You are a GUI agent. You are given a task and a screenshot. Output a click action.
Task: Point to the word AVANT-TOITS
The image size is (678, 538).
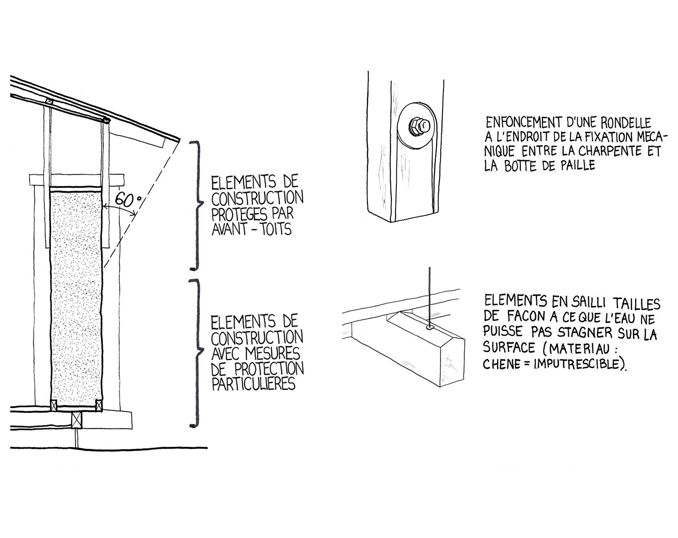tap(251, 230)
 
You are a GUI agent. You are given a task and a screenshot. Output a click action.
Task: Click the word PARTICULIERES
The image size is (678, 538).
tap(254, 384)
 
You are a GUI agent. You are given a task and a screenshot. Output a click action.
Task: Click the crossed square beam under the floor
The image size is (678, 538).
tap(76, 420)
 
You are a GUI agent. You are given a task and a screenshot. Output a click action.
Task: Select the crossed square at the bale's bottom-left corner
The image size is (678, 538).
tap(54, 405)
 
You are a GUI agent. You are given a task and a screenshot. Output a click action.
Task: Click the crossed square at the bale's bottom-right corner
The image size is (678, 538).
tap(99, 406)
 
